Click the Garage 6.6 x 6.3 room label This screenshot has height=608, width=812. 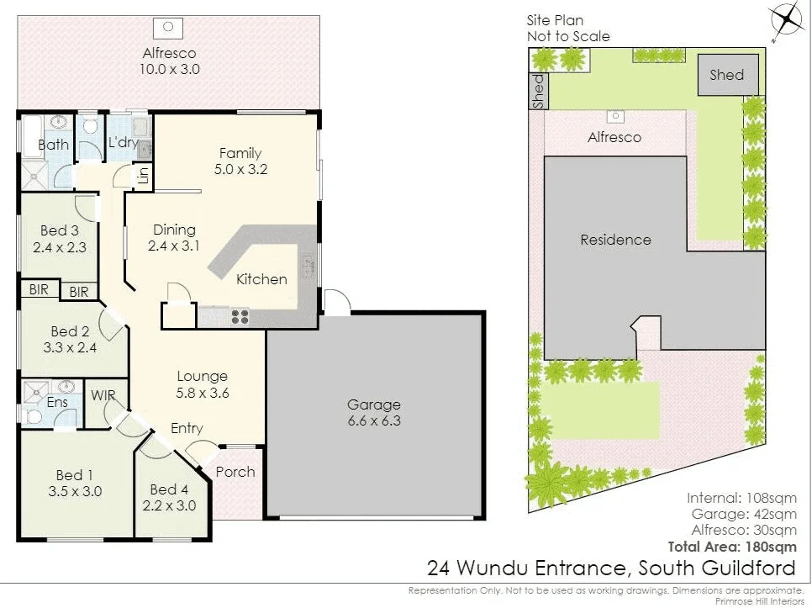[x=374, y=412]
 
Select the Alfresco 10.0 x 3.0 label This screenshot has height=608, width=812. [x=170, y=61]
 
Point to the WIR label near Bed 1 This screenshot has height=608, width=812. [x=103, y=395]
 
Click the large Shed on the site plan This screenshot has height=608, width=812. [x=727, y=75]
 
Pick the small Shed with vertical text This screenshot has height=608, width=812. [x=538, y=91]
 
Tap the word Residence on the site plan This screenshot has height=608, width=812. [x=615, y=240]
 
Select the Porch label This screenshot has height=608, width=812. [x=235, y=472]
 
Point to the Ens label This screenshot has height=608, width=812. [x=57, y=403]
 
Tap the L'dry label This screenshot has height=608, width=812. [x=123, y=143]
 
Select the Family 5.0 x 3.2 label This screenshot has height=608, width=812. [x=240, y=161]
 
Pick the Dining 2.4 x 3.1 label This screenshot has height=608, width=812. [x=174, y=237]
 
